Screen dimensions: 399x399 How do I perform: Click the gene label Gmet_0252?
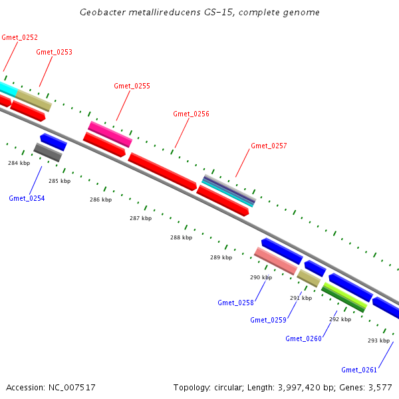coord(20,37)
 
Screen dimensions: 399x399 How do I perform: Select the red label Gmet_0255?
coord(132,86)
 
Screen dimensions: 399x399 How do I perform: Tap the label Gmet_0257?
coord(269,146)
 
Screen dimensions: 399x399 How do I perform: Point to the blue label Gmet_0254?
coord(27,198)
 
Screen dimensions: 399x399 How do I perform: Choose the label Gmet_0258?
coord(235,303)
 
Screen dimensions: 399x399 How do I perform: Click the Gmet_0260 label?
coord(303,338)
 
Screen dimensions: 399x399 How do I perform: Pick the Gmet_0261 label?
coord(359,370)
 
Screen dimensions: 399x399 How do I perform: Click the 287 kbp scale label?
coord(140,218)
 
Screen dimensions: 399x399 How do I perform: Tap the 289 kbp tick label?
coord(221,257)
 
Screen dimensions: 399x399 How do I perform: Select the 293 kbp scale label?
coord(378,340)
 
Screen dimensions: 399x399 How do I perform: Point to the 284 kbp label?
coord(19,163)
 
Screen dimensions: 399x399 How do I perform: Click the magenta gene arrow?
coord(110,134)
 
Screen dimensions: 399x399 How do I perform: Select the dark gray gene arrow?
coord(48,152)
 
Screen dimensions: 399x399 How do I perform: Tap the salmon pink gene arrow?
coord(275,261)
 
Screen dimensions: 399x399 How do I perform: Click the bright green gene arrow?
coord(344,296)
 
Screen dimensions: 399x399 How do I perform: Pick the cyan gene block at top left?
coord(7,88)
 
